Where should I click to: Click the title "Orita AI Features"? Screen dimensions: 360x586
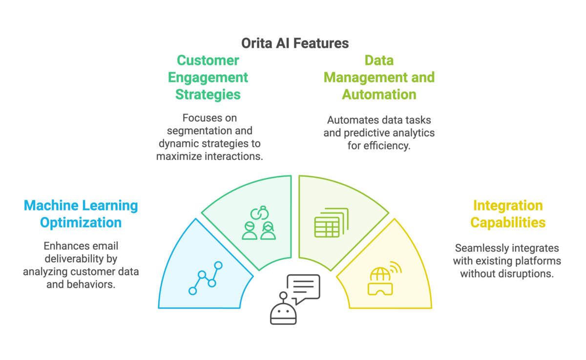[295, 43]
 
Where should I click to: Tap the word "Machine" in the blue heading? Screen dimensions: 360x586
[51, 206]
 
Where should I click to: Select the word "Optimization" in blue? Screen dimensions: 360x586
[81, 223]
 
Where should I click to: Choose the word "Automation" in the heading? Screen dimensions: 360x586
[379, 94]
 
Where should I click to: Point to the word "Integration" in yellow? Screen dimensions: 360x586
[508, 206]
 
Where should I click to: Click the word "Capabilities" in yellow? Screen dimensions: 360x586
[508, 223]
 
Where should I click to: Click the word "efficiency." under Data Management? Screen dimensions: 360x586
[389, 146]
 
